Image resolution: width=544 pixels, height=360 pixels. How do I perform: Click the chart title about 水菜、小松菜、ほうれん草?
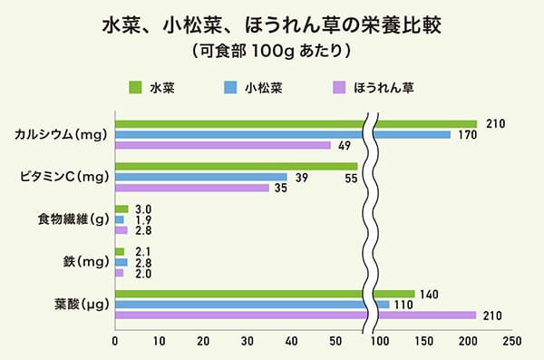271,22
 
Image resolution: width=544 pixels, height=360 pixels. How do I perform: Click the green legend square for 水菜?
135,88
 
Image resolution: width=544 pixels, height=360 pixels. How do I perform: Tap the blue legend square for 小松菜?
230,88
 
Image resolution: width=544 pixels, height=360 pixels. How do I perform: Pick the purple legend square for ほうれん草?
338,88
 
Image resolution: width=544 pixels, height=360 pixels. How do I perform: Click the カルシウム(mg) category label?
62,135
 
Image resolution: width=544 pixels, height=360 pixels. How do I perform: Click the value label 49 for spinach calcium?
344,146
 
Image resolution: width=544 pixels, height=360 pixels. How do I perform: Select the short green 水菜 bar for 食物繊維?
121,209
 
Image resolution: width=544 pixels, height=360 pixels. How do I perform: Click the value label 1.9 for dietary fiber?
142,220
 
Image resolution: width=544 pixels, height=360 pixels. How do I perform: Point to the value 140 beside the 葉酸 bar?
430,295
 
